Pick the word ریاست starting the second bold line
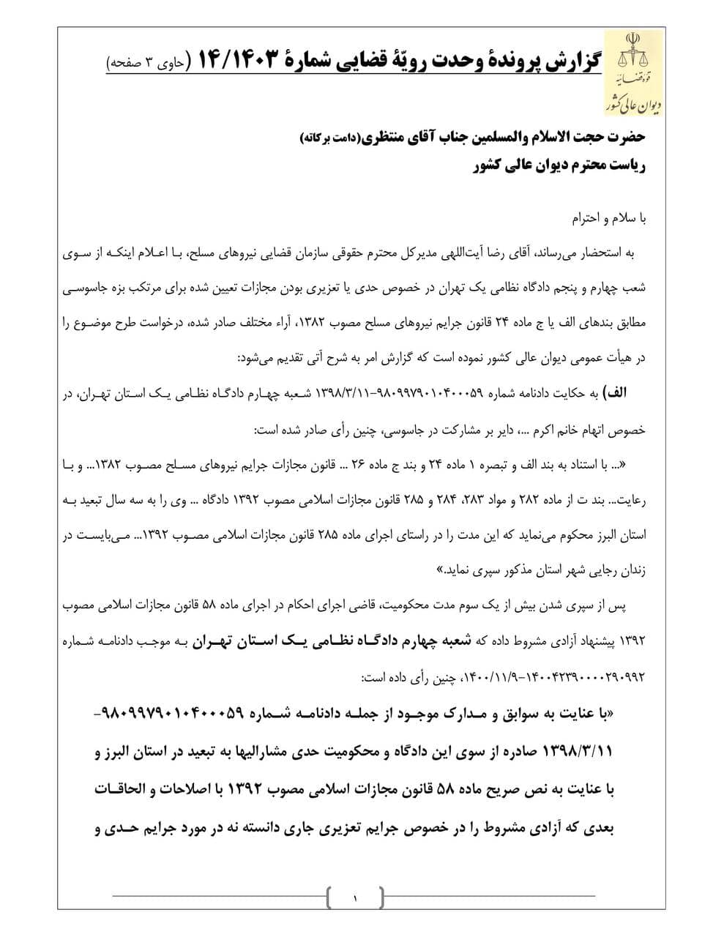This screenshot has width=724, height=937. (626, 166)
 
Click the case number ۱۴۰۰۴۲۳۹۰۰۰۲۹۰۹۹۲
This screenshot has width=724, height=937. (581, 677)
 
